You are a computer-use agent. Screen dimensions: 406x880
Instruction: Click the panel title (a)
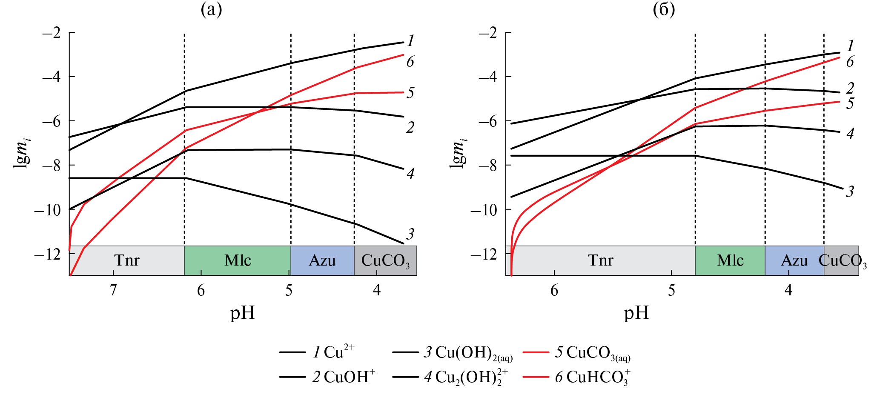[x=211, y=9]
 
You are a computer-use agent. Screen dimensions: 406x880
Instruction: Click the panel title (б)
[x=664, y=9]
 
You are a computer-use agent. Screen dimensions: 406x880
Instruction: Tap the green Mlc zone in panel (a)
[x=238, y=260]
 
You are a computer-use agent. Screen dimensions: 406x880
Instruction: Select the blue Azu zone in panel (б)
[x=794, y=260]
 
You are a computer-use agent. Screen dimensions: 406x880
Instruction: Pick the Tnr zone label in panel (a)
[x=127, y=260]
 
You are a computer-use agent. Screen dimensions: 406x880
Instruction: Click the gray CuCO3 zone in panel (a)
[x=385, y=260]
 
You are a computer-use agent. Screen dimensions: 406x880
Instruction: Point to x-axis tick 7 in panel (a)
[x=113, y=290]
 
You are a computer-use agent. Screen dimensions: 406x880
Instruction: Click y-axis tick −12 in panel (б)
[x=484, y=254]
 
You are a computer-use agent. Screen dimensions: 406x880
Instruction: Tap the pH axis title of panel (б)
[x=636, y=313]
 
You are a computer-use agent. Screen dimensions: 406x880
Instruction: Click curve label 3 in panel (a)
[x=410, y=234]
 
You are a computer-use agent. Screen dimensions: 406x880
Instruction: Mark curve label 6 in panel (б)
[x=850, y=62]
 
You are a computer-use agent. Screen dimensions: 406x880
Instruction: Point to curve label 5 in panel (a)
[x=410, y=93]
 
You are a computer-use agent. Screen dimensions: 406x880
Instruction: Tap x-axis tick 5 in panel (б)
[x=671, y=290]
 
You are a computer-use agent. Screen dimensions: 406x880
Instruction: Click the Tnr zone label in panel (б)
[x=600, y=260]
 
